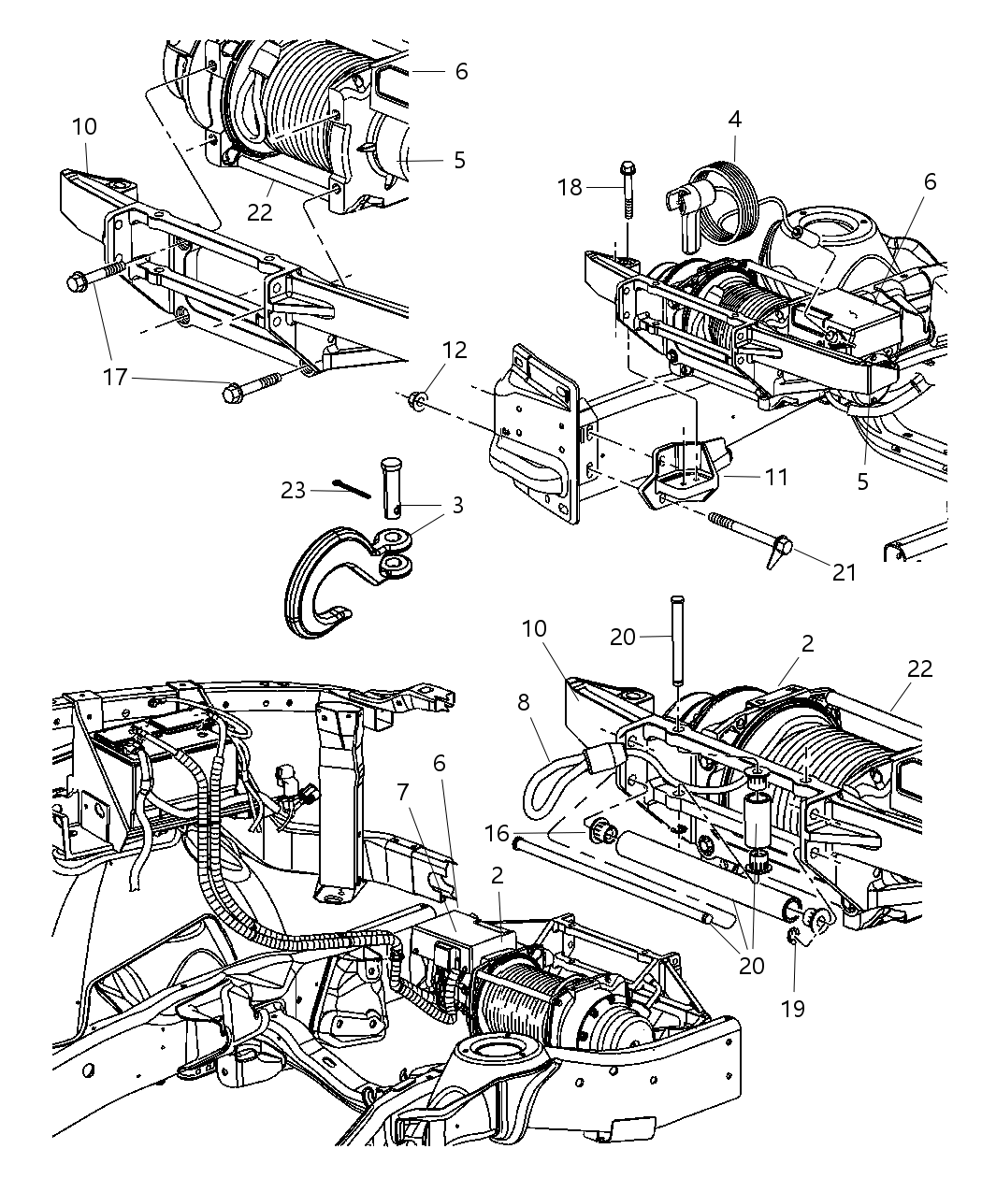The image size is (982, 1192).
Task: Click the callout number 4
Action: [735, 120]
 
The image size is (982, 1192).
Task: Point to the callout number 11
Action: [775, 477]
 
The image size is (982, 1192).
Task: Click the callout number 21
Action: [844, 572]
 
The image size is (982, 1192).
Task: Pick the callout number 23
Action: [294, 489]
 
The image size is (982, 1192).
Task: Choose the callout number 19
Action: [794, 1008]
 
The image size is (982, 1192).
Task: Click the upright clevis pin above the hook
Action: [393, 485]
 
